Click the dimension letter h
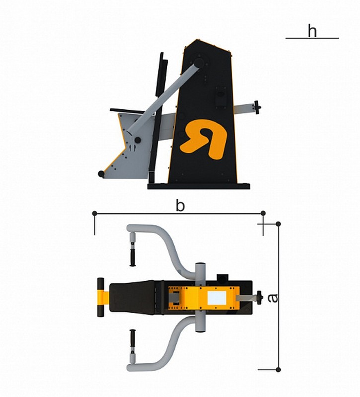[x=312, y=31]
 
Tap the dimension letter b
[x=180, y=205]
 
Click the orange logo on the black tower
[x=203, y=139]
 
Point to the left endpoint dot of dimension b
[x=95, y=213]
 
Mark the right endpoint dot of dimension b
[x=263, y=213]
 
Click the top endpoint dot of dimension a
[x=278, y=224]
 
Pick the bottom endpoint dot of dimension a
[x=278, y=369]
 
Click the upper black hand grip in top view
[x=132, y=257]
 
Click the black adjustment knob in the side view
[x=257, y=107]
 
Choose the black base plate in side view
[x=199, y=186]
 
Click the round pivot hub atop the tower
[x=200, y=63]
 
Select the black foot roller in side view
[x=101, y=174]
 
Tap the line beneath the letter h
[x=312, y=38]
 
